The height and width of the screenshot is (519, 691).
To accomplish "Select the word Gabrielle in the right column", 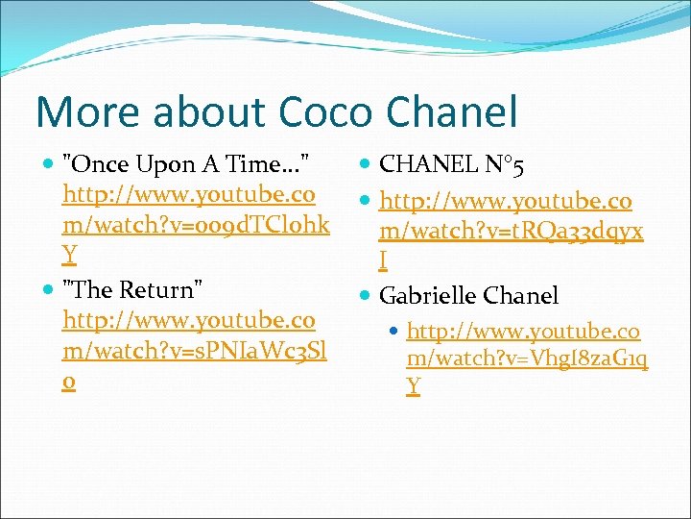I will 428,295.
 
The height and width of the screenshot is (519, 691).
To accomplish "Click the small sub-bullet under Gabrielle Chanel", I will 395,332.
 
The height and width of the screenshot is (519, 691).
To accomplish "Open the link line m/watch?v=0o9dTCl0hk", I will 196,225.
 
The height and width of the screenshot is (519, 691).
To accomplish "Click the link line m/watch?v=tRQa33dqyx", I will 512,232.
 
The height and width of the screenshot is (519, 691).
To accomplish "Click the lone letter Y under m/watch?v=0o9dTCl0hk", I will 69,255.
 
